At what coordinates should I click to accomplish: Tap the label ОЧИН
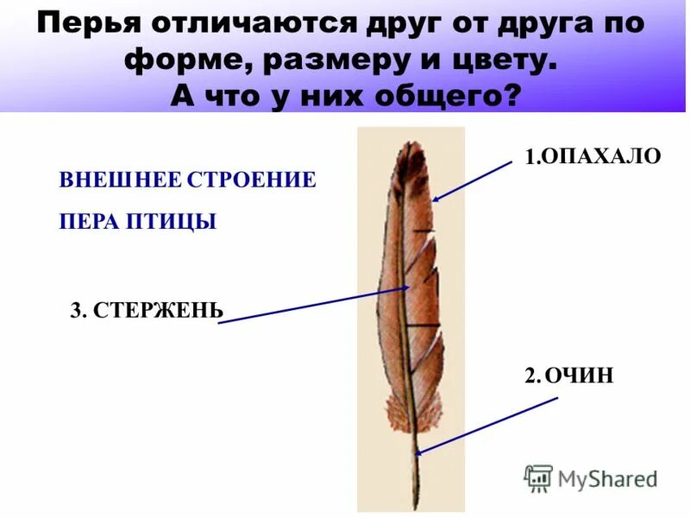580,375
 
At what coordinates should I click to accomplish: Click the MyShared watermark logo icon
538,477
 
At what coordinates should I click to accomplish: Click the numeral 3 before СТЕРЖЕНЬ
75,311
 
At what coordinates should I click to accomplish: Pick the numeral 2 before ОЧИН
530,375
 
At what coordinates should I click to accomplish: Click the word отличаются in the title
240,23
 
